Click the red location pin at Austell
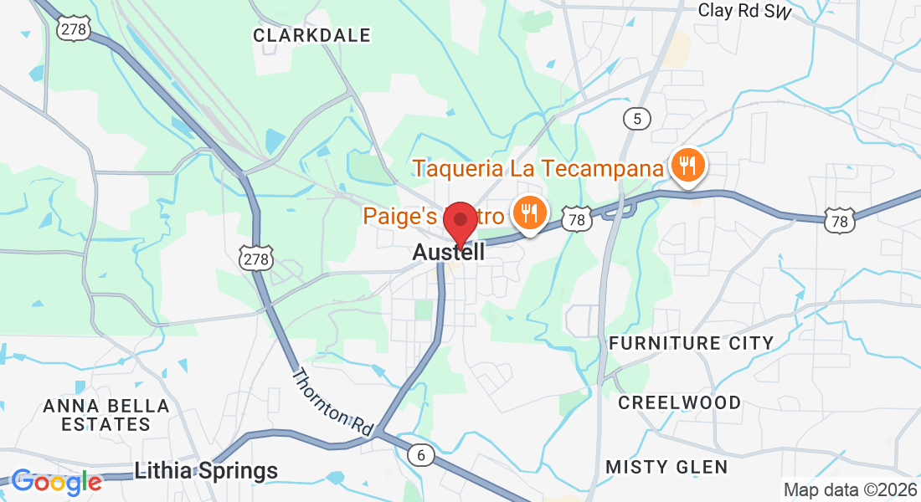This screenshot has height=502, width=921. click(x=459, y=220)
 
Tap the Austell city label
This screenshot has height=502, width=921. click(x=448, y=253)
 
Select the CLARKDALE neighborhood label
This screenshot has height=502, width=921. click(x=311, y=35)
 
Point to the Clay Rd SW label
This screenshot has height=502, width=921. click(x=745, y=10)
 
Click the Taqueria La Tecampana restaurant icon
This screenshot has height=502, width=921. click(x=687, y=166)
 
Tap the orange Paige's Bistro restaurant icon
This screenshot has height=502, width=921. click(x=528, y=214)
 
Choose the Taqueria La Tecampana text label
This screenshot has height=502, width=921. click(x=538, y=168)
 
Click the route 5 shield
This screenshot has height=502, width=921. click(x=637, y=119)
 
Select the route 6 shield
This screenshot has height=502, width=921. click(x=422, y=455)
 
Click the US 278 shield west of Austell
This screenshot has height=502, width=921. click(x=255, y=259)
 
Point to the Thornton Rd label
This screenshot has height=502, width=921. click(x=332, y=400)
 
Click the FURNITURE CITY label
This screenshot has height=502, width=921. click(x=691, y=343)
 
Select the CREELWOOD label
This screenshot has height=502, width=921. click(x=679, y=402)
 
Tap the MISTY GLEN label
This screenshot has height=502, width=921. click(x=666, y=466)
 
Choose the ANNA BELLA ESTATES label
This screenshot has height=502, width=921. click(x=106, y=415)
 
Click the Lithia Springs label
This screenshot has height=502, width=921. click(x=206, y=471)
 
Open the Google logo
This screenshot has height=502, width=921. click(x=56, y=482)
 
